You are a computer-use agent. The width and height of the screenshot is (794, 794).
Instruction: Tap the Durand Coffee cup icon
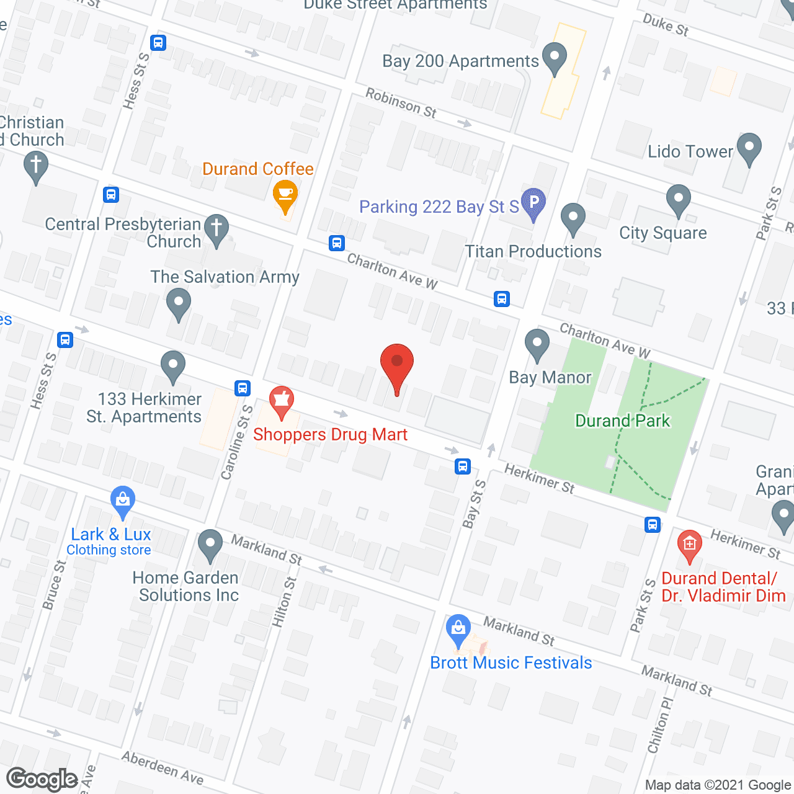pos(285,193)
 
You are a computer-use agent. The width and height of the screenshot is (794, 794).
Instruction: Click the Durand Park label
pos(622,421)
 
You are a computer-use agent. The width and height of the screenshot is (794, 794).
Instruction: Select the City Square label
pos(662,233)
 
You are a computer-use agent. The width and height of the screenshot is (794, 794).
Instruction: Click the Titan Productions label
pos(533,252)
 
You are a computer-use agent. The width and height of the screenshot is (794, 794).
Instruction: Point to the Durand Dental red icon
pos(689,545)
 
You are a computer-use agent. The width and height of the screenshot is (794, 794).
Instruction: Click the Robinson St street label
pos(401,103)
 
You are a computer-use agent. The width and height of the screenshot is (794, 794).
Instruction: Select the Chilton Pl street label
pos(660,725)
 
